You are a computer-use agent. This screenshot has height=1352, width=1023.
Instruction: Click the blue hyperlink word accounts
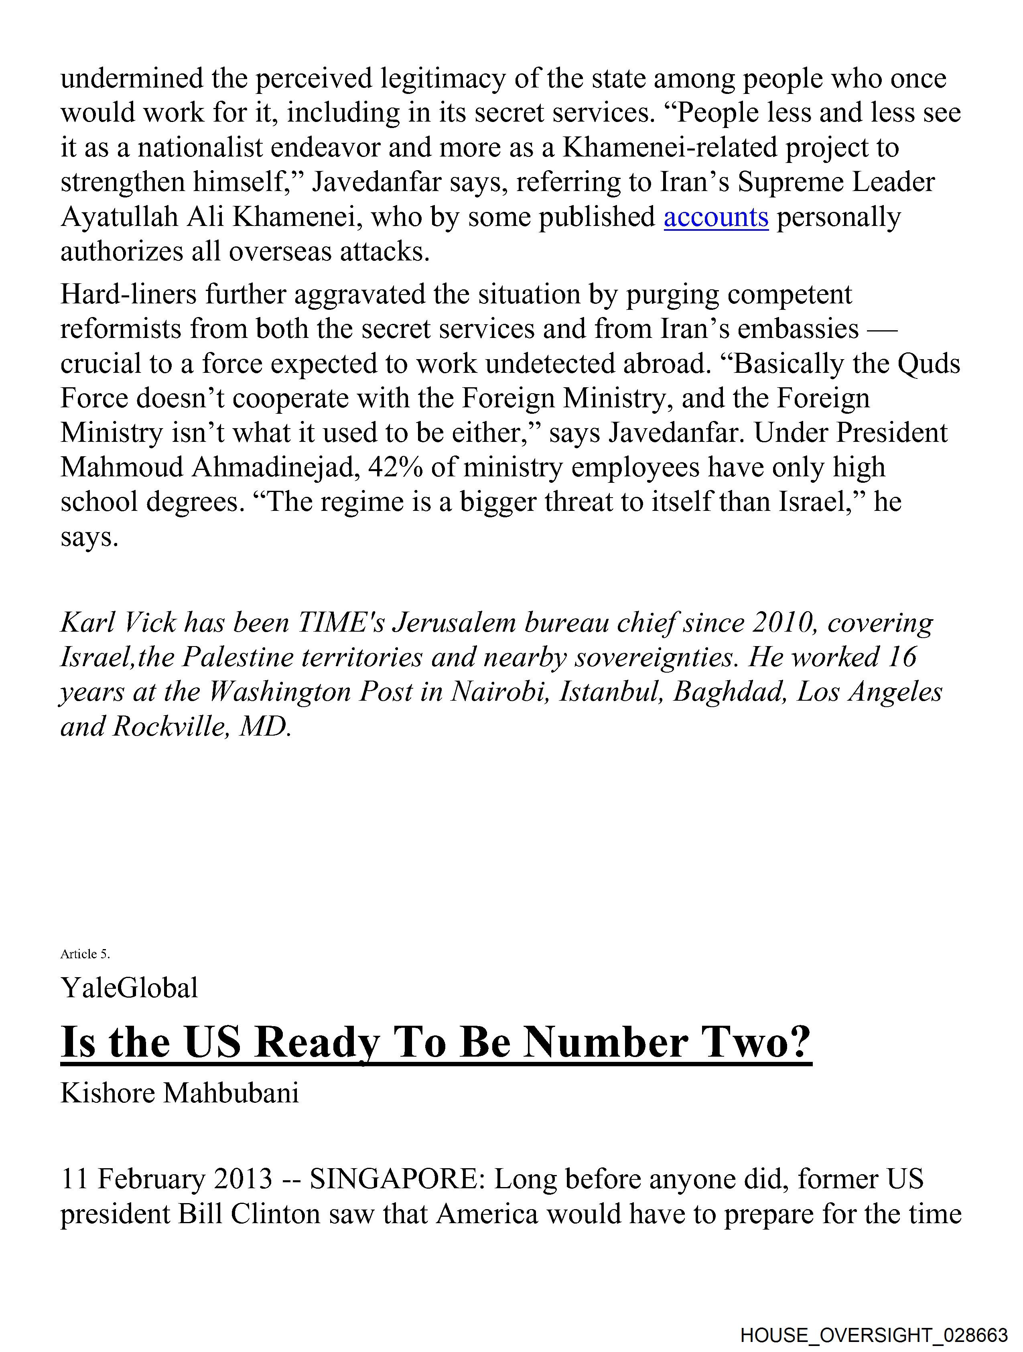coord(716,217)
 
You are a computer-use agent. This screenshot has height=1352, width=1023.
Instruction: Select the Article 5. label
coord(85,954)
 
